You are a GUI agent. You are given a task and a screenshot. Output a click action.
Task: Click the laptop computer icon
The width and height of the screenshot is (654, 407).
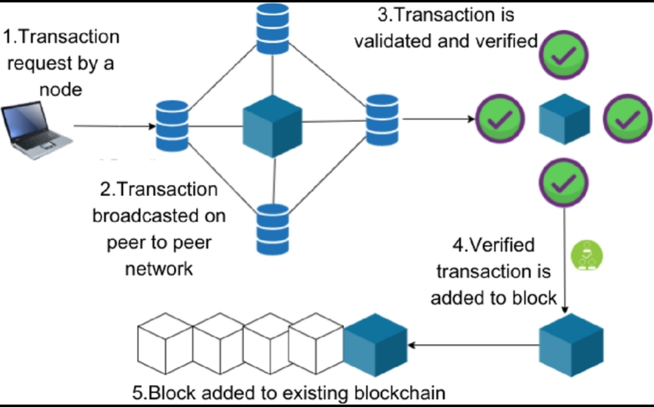[x=36, y=131]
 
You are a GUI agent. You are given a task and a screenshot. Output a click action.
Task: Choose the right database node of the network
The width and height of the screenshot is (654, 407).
[x=381, y=119]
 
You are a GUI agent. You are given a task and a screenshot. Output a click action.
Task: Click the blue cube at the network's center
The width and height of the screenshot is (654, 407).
[x=272, y=126]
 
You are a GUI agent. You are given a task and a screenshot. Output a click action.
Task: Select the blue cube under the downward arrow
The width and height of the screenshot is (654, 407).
[x=571, y=345]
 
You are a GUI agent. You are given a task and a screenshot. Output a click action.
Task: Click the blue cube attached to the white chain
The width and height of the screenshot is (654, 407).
[x=375, y=345]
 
